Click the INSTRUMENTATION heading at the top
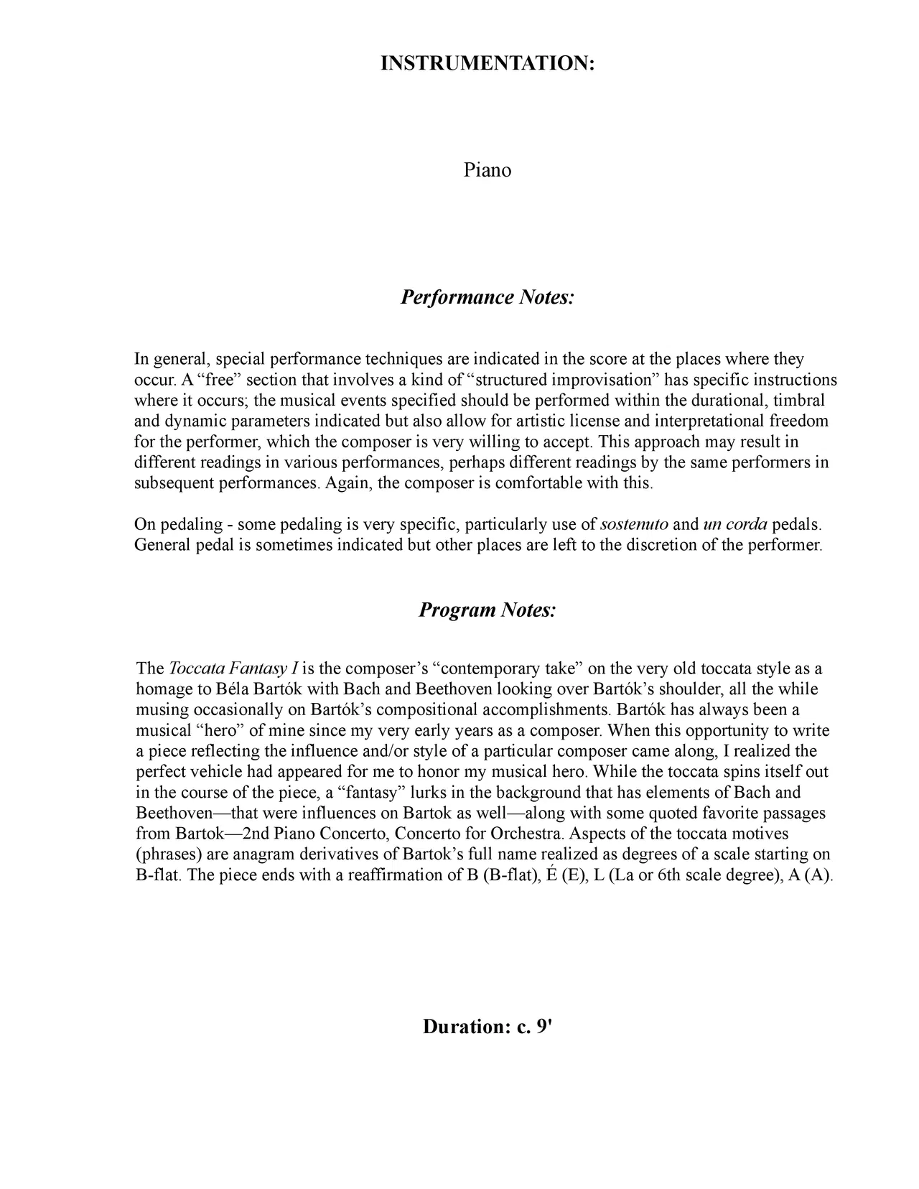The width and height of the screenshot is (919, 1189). (488, 63)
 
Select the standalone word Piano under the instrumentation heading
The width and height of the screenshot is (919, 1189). (488, 170)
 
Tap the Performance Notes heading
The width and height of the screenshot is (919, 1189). (488, 297)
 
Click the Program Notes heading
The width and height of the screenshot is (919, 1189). (488, 610)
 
